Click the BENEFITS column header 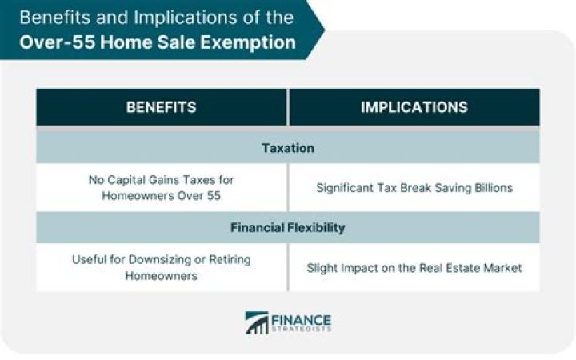pos(161,107)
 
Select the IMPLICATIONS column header pos(414,107)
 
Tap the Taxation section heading pos(287,148)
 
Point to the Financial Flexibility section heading pos(287,228)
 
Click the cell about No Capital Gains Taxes pos(161,188)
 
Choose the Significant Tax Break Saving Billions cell pos(414,188)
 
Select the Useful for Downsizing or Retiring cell pos(161,267)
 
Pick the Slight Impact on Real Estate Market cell pos(414,267)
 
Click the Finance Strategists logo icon pos(257,322)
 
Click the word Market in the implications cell pos(502,267)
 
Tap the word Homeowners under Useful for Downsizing pos(161,275)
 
